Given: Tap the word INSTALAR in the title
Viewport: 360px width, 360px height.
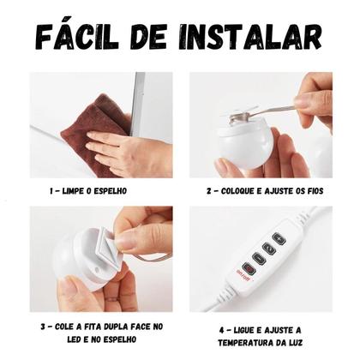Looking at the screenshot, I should click(x=257, y=36).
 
